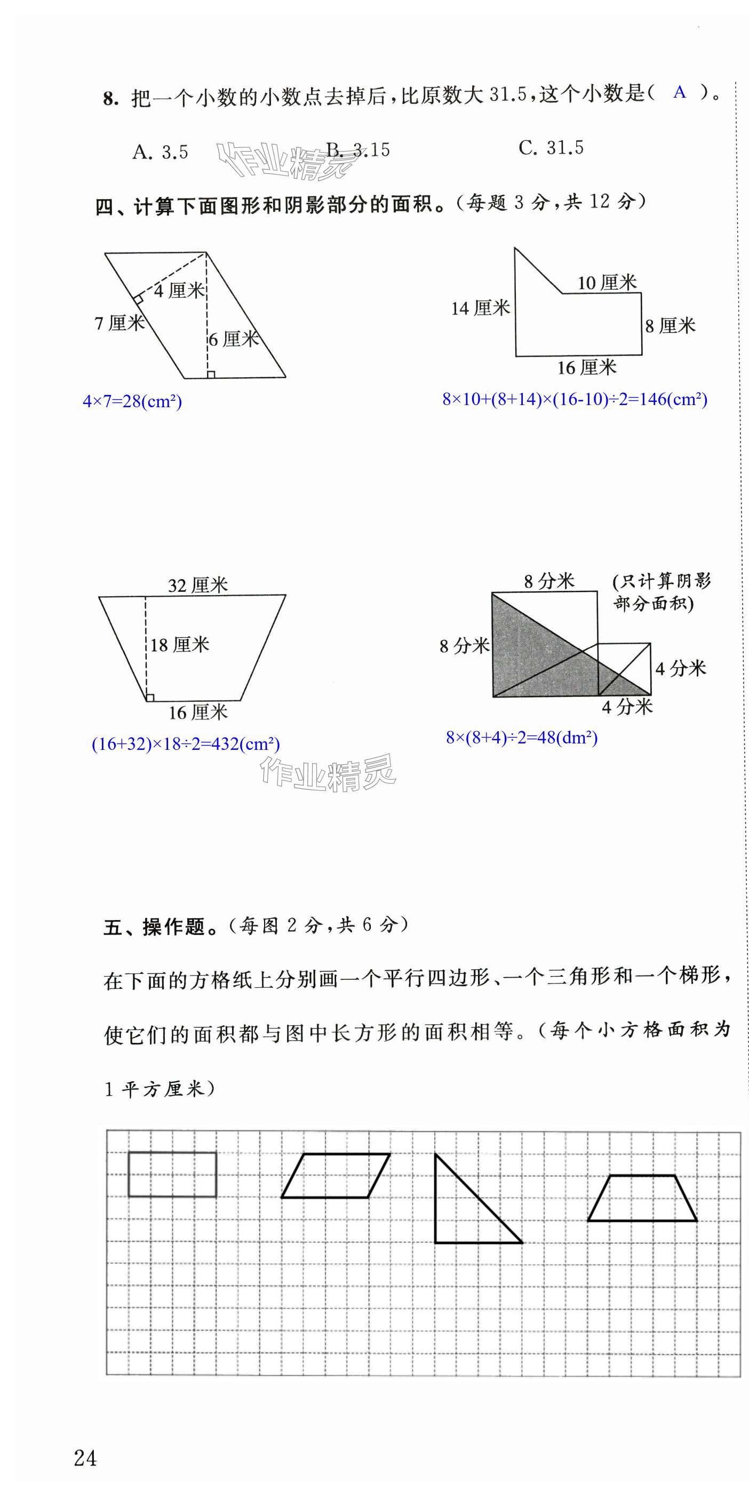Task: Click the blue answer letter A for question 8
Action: coord(679,92)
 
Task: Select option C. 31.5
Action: coord(551,148)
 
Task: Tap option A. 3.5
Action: coord(161,152)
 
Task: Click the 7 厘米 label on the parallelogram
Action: coord(119,322)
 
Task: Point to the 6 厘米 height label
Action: coord(234,339)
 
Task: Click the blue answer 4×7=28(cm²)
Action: coord(132,401)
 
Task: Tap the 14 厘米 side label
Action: coord(481,308)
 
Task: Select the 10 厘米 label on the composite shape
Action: coord(607,283)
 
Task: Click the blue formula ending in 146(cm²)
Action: coord(575,399)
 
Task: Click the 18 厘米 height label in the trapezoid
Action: coord(180,645)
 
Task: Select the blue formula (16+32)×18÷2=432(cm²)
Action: coord(186,744)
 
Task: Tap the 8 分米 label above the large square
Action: coord(548,581)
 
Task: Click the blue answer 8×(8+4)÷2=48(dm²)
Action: coord(521,738)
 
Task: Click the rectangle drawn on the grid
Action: coord(172,1175)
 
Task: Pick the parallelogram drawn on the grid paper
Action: coord(335,1176)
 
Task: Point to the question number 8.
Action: coord(110,99)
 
